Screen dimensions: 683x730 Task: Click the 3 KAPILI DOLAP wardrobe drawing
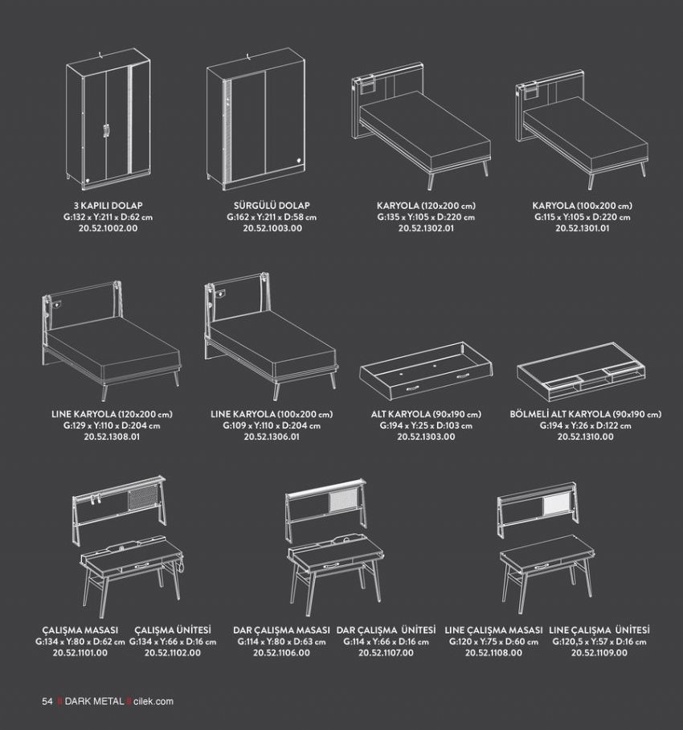click(108, 119)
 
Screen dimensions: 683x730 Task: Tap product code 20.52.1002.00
click(108, 228)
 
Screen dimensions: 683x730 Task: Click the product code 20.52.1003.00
click(272, 228)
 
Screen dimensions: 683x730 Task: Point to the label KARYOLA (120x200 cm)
click(426, 205)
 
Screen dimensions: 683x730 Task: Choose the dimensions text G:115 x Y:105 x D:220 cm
click(582, 217)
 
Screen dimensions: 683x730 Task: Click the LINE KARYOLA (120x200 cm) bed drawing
click(112, 340)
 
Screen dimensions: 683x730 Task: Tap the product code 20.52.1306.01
click(272, 437)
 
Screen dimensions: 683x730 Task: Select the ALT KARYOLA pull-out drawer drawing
click(426, 371)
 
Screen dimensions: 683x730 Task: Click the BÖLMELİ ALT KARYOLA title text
click(585, 414)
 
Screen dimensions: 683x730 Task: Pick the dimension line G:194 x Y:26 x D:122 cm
click(585, 425)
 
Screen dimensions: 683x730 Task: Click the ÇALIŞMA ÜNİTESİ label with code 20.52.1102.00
click(173, 630)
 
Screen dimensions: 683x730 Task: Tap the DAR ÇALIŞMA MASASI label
click(281, 630)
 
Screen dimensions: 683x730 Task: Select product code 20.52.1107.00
click(386, 653)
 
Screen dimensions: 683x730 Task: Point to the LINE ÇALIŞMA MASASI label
click(493, 630)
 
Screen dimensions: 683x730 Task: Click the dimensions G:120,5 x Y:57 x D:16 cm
click(599, 642)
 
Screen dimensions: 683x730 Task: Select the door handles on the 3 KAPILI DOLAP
click(106, 131)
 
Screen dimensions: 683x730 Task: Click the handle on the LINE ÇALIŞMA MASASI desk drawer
click(542, 567)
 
